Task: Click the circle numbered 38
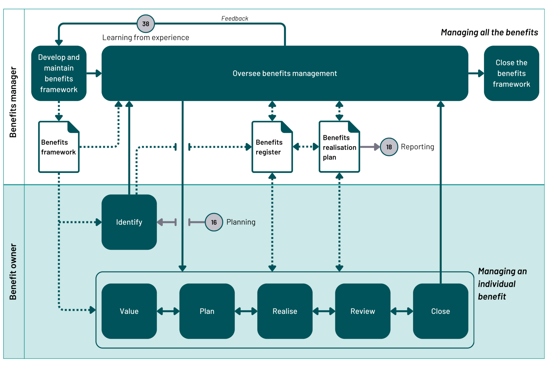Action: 146,24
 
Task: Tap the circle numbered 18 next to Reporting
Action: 389,147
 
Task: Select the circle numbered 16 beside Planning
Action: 214,222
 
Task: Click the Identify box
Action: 129,222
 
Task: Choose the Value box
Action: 129,311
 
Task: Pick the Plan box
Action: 207,311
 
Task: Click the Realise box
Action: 285,311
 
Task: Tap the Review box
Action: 363,311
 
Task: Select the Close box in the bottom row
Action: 440,311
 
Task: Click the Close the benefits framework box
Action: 511,73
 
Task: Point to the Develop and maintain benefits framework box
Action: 59,73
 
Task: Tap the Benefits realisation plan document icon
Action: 339,147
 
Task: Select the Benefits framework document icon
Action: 59,147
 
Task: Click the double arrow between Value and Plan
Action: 168,311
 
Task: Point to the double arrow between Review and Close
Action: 402,311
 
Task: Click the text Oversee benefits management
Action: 285,73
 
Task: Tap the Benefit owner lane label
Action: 13,271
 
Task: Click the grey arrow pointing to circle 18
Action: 370,147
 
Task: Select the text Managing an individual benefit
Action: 502,284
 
